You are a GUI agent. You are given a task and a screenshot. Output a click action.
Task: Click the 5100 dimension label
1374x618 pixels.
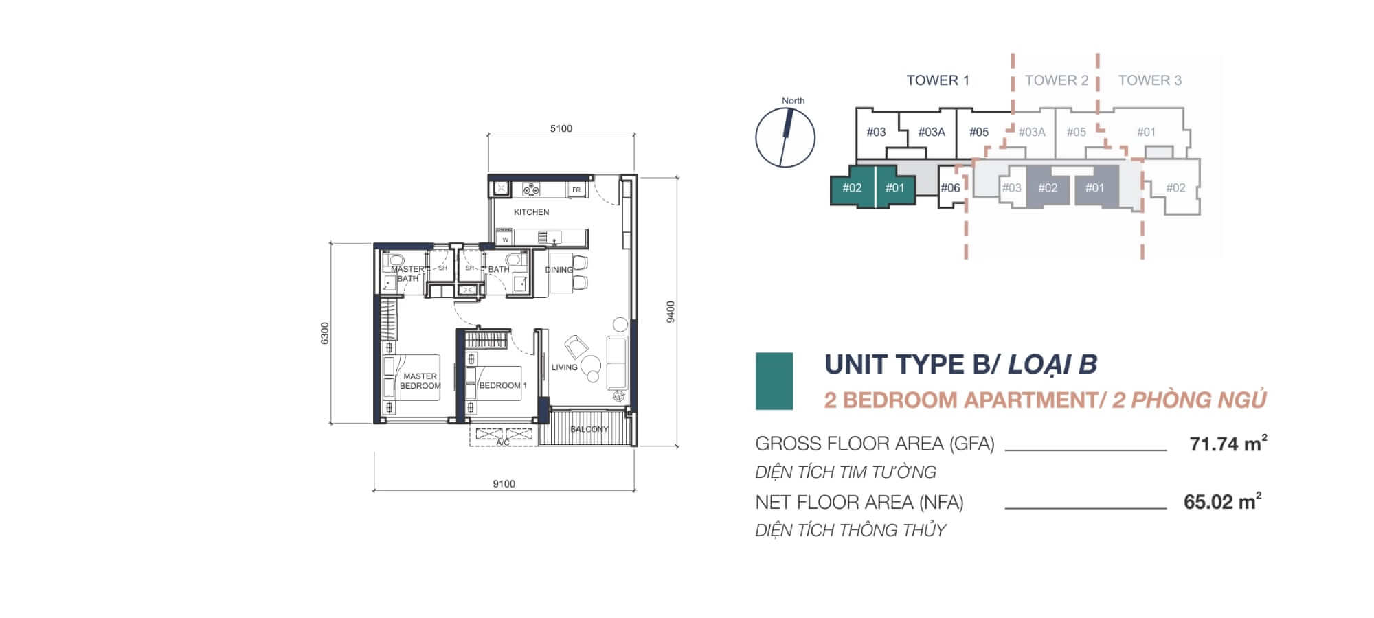[x=561, y=128]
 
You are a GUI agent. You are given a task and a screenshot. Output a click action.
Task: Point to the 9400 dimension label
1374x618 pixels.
[x=671, y=311]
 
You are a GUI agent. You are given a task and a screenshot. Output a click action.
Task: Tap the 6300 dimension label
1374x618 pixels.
[x=326, y=333]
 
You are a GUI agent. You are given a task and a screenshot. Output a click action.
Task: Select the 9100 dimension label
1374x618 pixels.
[x=504, y=484]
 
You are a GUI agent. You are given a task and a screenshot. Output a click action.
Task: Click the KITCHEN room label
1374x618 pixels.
[x=531, y=212]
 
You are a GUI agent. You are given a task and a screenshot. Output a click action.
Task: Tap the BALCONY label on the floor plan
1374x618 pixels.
[x=589, y=429]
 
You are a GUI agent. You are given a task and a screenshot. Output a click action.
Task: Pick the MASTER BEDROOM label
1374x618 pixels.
[x=420, y=381]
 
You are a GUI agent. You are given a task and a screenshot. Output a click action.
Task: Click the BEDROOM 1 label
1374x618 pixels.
[x=502, y=385]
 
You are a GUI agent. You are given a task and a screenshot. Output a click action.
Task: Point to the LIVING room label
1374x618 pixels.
[x=564, y=367]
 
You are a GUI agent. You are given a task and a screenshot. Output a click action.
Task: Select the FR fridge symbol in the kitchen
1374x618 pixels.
[x=576, y=190]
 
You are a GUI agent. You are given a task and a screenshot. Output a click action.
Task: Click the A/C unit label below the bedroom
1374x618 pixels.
[x=503, y=443]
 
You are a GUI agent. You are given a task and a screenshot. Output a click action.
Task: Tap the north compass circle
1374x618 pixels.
[x=785, y=137]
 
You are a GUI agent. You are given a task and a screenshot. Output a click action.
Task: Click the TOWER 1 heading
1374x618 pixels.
[x=937, y=80]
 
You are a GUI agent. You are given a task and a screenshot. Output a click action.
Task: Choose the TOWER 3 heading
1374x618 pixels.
[x=1149, y=80]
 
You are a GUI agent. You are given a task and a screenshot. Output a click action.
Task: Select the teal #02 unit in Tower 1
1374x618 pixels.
[x=852, y=187]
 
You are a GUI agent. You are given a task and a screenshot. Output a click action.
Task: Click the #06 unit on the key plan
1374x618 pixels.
[x=950, y=187]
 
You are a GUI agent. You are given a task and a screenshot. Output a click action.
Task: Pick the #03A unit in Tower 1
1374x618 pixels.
[x=932, y=132]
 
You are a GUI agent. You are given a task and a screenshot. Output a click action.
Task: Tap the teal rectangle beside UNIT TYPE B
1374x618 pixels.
[x=774, y=381]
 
